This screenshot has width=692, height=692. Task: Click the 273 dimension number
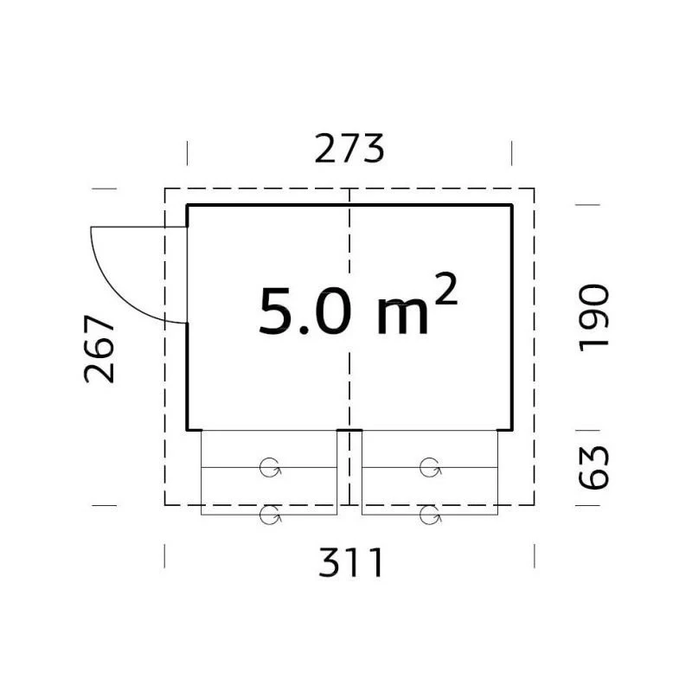pyautogui.click(x=349, y=149)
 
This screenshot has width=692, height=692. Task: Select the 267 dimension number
pyautogui.click(x=99, y=349)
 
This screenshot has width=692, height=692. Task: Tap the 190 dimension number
pyautogui.click(x=593, y=317)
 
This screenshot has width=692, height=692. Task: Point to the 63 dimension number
pyautogui.click(x=593, y=467)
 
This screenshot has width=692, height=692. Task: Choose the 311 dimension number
pyautogui.click(x=350, y=561)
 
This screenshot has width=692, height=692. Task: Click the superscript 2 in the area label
pyautogui.click(x=445, y=289)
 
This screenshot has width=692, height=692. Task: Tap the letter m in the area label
pyautogui.click(x=402, y=317)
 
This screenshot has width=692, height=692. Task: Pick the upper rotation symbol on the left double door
pyautogui.click(x=270, y=468)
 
